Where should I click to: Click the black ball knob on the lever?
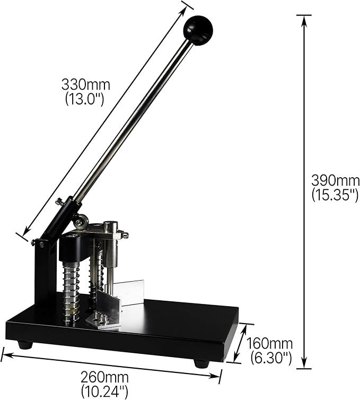198,30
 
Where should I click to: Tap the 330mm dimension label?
86,84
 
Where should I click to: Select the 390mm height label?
335,181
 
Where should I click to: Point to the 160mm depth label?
269,344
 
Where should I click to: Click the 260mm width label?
104,377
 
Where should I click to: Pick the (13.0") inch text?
85,99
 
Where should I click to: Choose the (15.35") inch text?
335,196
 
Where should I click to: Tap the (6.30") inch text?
271,359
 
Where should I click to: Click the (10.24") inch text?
104,392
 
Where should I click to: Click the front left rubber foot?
25,345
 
